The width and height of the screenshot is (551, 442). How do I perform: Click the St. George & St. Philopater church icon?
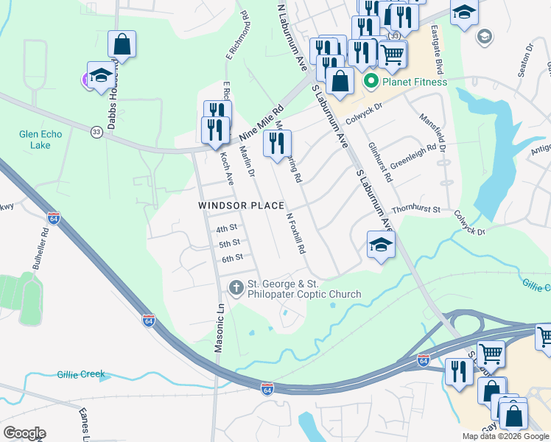(236, 288)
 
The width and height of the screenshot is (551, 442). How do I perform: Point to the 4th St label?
(228, 228)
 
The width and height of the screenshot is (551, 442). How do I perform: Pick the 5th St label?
(230, 243)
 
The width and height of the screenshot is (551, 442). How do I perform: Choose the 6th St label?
(232, 258)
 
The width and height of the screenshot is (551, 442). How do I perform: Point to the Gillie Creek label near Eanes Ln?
(81, 374)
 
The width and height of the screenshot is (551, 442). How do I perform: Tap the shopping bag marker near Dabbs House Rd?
(122, 45)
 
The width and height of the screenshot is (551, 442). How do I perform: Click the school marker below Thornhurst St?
(381, 247)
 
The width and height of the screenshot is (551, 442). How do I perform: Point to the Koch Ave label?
(227, 168)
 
